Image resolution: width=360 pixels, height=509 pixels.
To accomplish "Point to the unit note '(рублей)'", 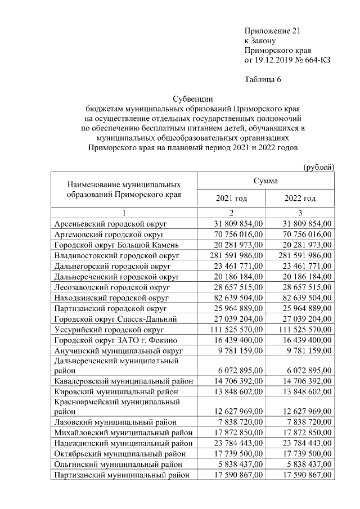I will (x=318, y=166).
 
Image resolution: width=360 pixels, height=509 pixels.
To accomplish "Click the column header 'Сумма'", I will (x=265, y=182).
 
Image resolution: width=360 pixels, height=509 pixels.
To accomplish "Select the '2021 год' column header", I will (x=231, y=199).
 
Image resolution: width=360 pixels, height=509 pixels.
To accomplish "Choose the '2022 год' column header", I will (x=300, y=199).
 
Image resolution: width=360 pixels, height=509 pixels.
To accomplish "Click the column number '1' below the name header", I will (x=123, y=212).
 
